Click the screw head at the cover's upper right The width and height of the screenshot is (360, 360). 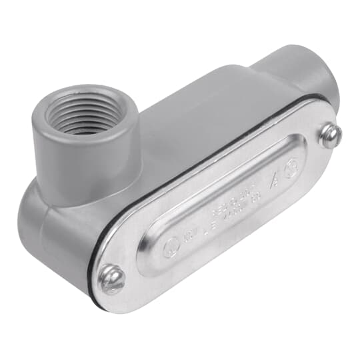click(x=329, y=136)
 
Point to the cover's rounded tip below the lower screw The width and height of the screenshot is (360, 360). click(x=107, y=300)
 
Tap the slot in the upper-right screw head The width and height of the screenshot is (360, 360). click(x=329, y=135)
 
